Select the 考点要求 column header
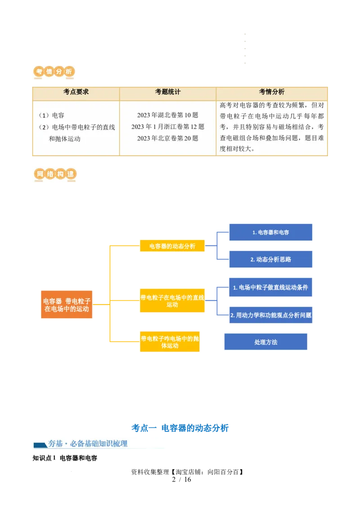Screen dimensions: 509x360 (76, 92)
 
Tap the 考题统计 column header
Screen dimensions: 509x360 (167, 92)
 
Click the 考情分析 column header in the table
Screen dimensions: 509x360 (272, 92)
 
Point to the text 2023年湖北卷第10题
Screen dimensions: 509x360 (167, 116)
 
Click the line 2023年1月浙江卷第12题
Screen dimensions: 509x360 (167, 127)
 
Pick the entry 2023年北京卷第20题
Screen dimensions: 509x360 (167, 138)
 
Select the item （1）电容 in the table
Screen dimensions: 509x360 (51, 116)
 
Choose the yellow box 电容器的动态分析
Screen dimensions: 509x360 (172, 246)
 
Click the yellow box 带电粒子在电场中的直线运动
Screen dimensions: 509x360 (172, 301)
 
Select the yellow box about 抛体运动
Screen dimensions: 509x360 (169, 342)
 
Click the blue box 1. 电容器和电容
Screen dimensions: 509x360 (270, 232)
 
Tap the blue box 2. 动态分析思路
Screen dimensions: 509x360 (270, 259)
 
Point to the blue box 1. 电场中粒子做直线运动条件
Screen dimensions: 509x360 (270, 287)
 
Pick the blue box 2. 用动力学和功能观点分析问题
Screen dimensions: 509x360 (270, 315)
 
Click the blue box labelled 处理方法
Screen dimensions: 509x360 (265, 342)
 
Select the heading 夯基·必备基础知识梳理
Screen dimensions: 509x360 (99, 444)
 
